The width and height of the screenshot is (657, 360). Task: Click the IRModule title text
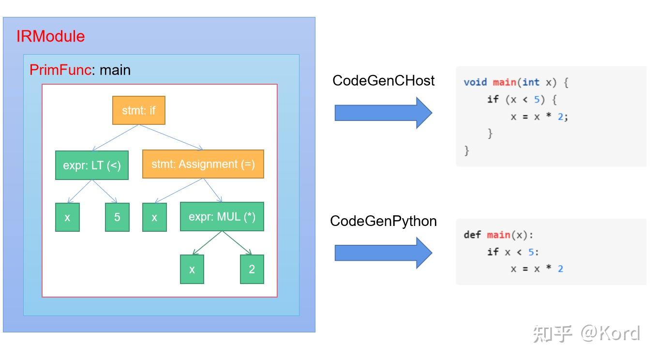tap(50, 37)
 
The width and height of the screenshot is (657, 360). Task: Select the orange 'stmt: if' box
tap(139, 110)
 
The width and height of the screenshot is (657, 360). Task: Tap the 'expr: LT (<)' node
tap(92, 165)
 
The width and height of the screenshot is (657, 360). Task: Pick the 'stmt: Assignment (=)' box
tap(203, 164)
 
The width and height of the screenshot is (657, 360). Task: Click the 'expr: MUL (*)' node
tap(222, 217)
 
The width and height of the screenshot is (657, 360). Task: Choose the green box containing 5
tap(117, 217)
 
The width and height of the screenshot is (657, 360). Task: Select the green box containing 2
tap(252, 269)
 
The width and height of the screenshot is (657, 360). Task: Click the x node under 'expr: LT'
tap(67, 217)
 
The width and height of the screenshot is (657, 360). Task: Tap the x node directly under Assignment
tap(154, 217)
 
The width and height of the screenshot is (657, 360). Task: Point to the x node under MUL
tap(192, 269)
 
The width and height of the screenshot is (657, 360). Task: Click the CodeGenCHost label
tap(383, 80)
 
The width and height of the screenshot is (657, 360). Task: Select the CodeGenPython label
tap(383, 221)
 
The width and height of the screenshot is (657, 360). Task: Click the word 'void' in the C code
tap(475, 82)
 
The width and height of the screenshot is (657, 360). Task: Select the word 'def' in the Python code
tap(472, 235)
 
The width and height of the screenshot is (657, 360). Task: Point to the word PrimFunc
tap(60, 70)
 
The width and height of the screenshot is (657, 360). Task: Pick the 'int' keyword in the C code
tap(531, 82)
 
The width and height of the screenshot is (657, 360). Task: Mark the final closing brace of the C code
tap(467, 150)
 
